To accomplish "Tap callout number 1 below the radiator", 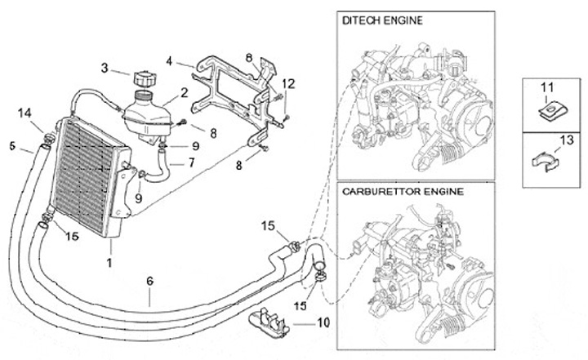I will (x=108, y=263).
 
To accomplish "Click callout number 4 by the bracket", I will (x=168, y=60).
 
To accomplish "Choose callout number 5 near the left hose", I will (x=12, y=146).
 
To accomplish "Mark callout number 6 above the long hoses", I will (x=149, y=281).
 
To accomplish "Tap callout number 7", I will (x=191, y=162).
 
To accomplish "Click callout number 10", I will (x=323, y=322).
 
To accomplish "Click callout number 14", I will (x=24, y=113).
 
